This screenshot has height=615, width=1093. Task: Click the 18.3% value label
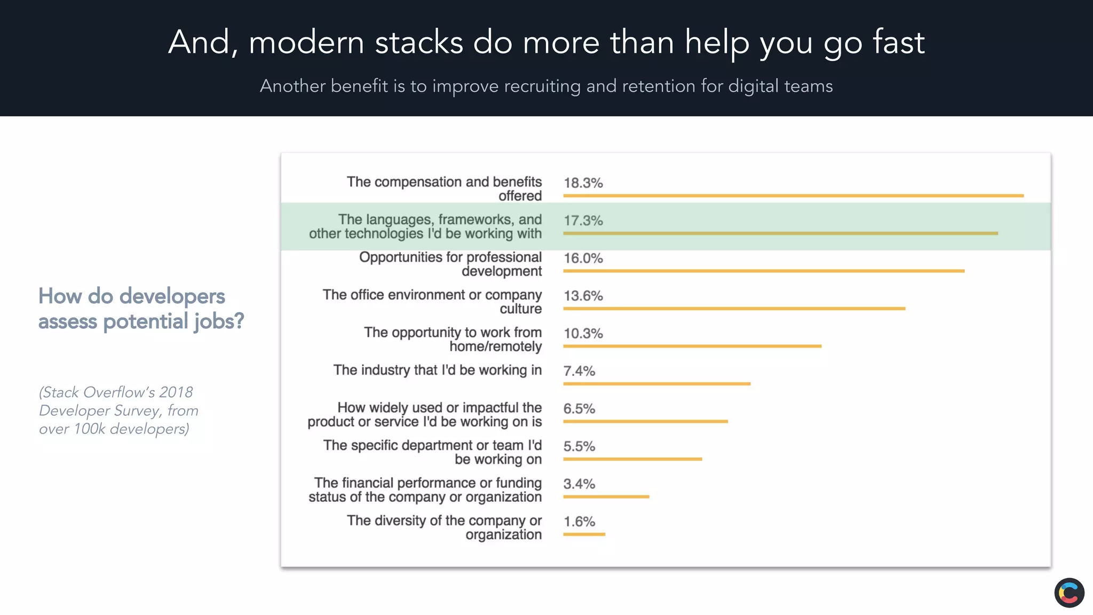tap(583, 183)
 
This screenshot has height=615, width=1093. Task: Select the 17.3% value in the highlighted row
tap(583, 220)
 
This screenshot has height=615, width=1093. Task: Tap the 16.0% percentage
tap(583, 258)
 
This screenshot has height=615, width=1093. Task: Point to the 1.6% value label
tap(579, 522)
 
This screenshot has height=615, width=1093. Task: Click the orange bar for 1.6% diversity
tap(584, 534)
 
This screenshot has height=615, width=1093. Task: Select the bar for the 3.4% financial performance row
tap(606, 496)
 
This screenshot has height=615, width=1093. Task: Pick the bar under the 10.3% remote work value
tap(692, 346)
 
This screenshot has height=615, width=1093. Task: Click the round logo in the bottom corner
tap(1069, 593)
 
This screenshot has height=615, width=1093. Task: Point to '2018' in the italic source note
tap(176, 392)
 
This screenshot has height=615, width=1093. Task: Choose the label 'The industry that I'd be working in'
tap(437, 370)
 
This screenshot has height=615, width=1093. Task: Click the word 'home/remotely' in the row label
tap(495, 347)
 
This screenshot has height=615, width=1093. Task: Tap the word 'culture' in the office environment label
tap(520, 309)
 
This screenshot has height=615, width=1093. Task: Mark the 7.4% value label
tap(579, 371)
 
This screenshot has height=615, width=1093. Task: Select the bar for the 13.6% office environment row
tap(734, 309)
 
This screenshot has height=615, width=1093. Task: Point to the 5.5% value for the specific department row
tap(579, 446)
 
